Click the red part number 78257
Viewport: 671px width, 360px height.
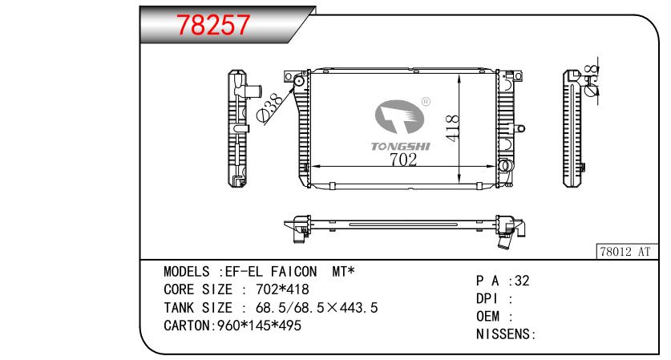(213, 25)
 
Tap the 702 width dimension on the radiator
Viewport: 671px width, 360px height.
(403, 160)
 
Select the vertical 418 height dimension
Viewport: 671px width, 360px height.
(452, 127)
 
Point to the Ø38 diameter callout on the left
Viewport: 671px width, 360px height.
(270, 108)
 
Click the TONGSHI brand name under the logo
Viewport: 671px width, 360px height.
(401, 147)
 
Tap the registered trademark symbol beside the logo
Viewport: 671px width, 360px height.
(426, 102)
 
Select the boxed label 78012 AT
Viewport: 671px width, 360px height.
(625, 251)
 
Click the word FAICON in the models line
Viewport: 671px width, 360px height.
(293, 271)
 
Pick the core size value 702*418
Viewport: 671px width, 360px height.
(282, 289)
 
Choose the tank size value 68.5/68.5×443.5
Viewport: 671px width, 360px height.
(317, 307)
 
